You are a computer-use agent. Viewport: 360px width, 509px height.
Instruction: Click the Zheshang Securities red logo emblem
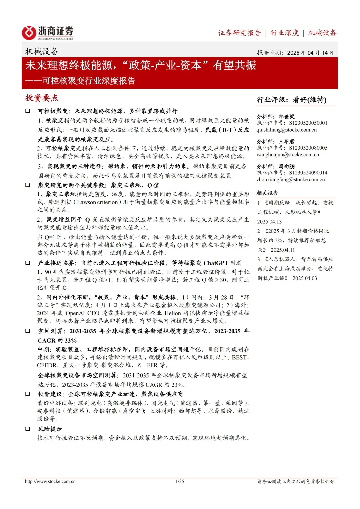(x=29, y=33)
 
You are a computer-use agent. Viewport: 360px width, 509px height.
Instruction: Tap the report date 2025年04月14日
(x=310, y=53)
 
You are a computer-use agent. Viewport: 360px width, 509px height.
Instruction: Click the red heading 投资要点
(x=42, y=98)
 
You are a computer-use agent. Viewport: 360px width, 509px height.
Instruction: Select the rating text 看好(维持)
(x=309, y=100)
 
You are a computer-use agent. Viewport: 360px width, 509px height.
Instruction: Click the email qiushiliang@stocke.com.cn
(x=286, y=130)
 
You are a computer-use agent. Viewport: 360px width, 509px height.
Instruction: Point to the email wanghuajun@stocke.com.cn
(x=287, y=154)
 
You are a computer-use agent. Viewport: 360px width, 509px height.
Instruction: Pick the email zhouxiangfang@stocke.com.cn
(x=290, y=179)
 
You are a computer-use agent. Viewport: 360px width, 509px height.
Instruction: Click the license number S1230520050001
(x=308, y=123)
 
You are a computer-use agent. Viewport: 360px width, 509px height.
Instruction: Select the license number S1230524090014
(x=308, y=173)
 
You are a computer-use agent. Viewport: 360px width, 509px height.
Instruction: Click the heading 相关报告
(x=267, y=193)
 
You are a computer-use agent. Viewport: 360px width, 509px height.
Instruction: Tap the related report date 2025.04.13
(x=269, y=222)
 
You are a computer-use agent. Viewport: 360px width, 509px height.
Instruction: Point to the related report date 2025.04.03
(x=305, y=278)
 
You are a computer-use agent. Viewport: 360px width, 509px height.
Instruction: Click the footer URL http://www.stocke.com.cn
(x=50, y=481)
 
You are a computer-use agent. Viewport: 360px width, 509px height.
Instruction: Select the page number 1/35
(x=180, y=481)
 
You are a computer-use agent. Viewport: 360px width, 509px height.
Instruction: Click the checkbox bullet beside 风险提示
(x=28, y=429)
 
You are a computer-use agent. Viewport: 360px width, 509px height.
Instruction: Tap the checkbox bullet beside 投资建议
(x=28, y=394)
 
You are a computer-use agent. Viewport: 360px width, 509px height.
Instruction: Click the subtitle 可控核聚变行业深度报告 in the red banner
(x=89, y=81)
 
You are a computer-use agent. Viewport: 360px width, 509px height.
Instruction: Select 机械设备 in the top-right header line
(x=322, y=33)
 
